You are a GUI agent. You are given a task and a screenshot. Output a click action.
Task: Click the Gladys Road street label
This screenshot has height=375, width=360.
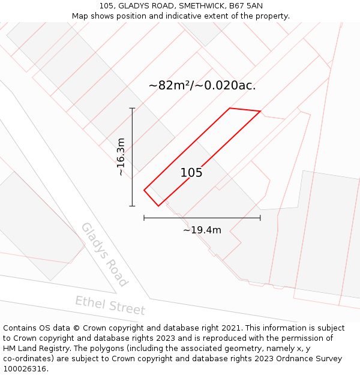pos(104,254)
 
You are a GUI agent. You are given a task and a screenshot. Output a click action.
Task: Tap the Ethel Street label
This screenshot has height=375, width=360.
pos(110,305)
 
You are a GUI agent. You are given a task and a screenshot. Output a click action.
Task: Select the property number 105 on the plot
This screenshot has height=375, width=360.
pos(191,173)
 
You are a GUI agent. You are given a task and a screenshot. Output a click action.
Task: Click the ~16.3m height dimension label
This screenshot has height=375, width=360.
pos(121,157)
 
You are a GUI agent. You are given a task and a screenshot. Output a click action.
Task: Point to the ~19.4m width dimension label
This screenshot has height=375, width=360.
pos(202,230)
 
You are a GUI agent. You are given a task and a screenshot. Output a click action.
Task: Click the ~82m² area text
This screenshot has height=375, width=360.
pos(170,85)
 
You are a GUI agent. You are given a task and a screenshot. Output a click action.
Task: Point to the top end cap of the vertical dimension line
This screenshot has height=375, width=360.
pos(132,108)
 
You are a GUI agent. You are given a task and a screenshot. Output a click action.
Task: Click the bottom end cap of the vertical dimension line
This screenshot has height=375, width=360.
pos(132,206)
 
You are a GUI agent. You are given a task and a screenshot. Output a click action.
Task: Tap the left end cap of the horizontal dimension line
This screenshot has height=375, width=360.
pos(144,218)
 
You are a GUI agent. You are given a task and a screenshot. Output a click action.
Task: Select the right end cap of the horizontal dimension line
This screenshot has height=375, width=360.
pos(260,218)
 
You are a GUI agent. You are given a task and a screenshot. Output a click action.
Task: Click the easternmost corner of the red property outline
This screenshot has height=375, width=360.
pos(260,111)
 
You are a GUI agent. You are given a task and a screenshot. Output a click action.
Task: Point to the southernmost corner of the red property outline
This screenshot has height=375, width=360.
pos(158,206)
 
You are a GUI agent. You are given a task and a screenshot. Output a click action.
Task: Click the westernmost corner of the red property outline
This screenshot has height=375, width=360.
pos(144,190)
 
